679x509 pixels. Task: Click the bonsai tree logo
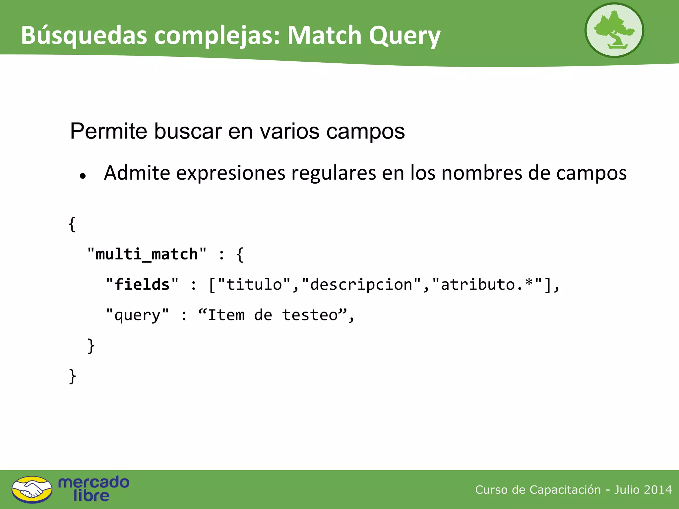[x=614, y=30]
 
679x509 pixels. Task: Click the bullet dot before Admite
[x=83, y=176]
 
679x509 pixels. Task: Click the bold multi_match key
[x=147, y=254]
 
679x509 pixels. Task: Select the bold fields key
[x=142, y=285]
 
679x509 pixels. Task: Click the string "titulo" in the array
[x=254, y=285]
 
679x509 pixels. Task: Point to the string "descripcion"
[x=361, y=285]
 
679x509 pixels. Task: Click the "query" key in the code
[x=137, y=315]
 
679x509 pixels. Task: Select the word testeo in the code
[x=310, y=315]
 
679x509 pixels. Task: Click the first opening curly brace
[x=72, y=224]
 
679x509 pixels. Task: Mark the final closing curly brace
[x=72, y=376]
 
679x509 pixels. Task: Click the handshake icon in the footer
[x=32, y=489]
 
